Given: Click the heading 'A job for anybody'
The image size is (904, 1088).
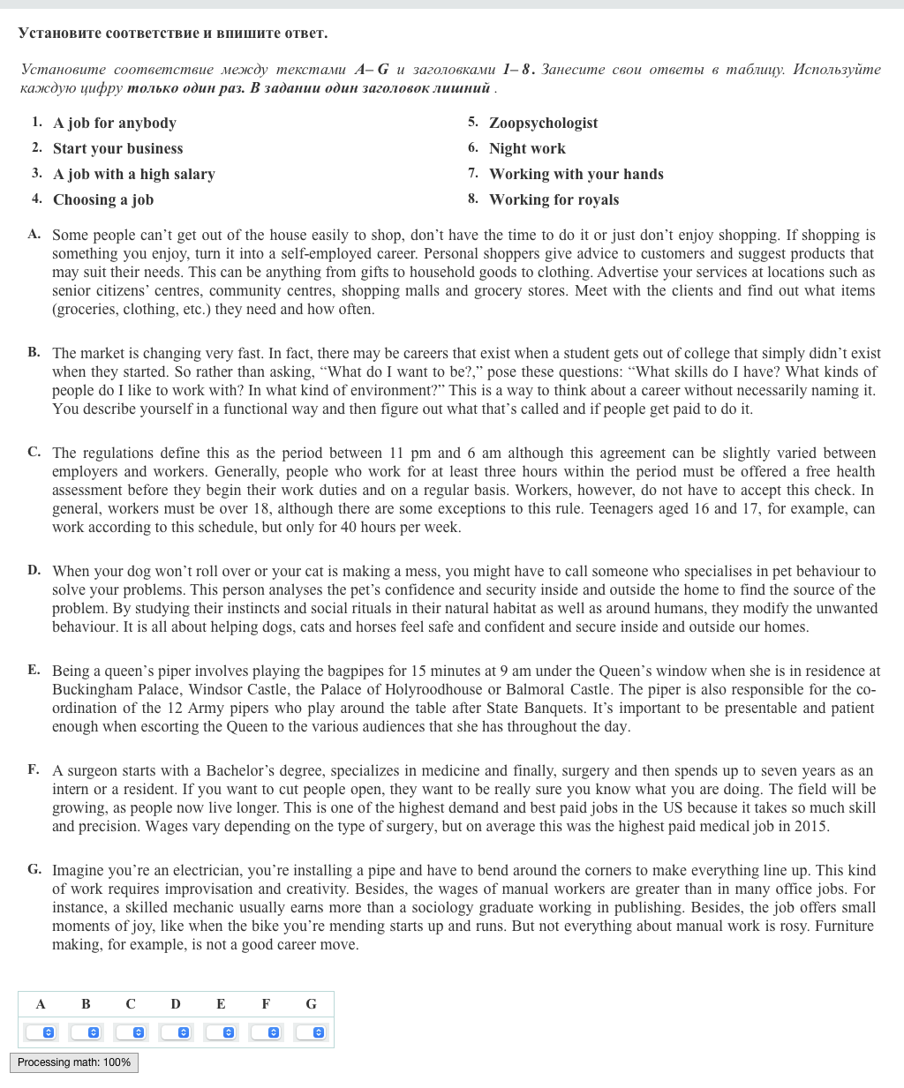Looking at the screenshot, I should click(x=115, y=124).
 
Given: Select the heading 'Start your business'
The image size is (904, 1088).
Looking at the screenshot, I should click(x=117, y=149).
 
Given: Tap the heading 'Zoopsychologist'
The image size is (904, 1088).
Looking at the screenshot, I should click(x=543, y=124).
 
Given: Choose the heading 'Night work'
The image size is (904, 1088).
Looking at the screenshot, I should click(x=527, y=149).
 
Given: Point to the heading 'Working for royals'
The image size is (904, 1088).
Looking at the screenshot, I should click(x=554, y=200).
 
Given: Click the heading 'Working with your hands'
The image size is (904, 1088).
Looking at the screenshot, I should click(x=576, y=175).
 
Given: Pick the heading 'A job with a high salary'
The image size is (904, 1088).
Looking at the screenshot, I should click(x=133, y=175).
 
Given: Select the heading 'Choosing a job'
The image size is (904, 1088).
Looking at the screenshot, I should click(x=103, y=200).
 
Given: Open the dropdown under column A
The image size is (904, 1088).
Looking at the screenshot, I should click(x=41, y=1032).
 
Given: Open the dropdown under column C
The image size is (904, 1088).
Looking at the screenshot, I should click(x=131, y=1032).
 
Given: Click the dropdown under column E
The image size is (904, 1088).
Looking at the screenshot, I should click(x=221, y=1032).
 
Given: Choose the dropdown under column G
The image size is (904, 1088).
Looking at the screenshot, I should click(x=311, y=1032).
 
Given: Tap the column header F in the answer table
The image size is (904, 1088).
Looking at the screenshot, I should click(x=266, y=1004).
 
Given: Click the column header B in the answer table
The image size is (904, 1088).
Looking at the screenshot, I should click(x=86, y=1004).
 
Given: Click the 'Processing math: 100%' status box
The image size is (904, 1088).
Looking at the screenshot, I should click(x=74, y=1062).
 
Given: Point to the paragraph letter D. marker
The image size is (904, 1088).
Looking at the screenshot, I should click(x=34, y=570).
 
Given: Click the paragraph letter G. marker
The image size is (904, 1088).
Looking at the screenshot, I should click(x=34, y=869).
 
